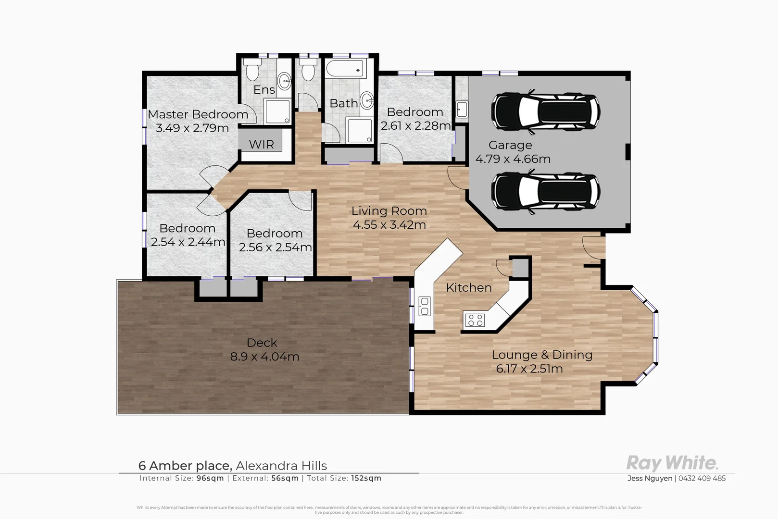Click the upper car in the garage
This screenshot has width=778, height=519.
coord(545,111)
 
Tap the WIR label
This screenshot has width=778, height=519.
coord(261,144)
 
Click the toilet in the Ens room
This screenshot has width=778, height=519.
coord(252,72)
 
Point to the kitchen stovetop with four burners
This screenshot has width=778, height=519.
coord(475,320)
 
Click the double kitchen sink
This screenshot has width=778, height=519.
coord(425,306)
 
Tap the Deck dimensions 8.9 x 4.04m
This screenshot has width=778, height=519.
coord(264,357)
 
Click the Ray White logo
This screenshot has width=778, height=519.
coord(672,463)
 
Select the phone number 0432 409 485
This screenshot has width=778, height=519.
coord(702,478)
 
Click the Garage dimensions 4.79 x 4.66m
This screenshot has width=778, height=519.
coord(513,159)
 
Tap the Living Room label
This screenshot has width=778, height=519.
coord(389,211)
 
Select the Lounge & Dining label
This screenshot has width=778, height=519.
coord(541,355)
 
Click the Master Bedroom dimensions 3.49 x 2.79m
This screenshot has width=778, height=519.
coord(192,128)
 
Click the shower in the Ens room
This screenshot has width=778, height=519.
coord(277,111)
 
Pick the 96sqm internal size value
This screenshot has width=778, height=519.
coord(210,478)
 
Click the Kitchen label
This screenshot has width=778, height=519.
coord(469,287)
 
